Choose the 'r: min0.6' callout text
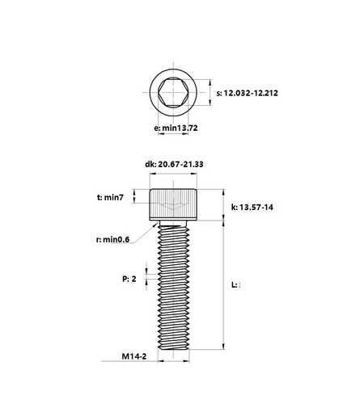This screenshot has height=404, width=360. coord(114,239)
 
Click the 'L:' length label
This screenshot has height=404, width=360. coord(235,284)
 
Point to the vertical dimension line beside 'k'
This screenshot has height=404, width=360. coord(223,204)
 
